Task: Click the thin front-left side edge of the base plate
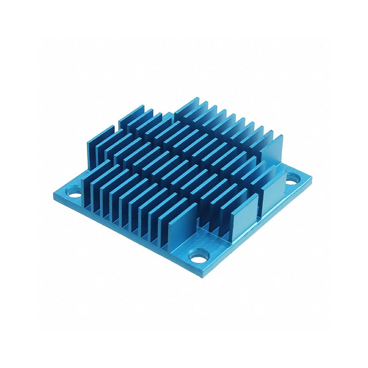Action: (x=124, y=237)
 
